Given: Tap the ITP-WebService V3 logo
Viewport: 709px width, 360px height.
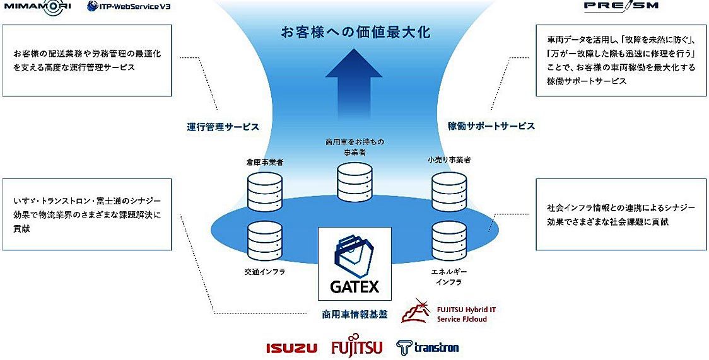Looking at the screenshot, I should pos(129,6).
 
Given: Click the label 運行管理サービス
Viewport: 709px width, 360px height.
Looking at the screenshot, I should pos(223,126).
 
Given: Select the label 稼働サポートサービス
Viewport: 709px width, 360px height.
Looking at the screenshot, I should pos(491,126).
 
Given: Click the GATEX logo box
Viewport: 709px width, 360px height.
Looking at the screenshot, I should pos(354,264).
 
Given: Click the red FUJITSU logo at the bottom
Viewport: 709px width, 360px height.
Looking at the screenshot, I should pos(356,347).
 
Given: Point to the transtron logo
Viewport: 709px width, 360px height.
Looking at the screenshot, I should pos(427,347).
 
